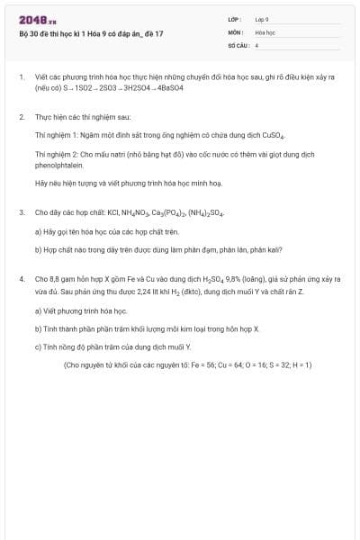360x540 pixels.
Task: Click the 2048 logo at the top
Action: (x=37, y=19)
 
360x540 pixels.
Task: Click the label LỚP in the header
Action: (x=233, y=18)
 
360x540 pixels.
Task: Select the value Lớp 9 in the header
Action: (x=262, y=18)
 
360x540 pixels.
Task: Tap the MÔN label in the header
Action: (x=234, y=31)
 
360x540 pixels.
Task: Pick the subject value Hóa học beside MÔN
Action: (x=265, y=31)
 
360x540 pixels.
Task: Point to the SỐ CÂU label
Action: (x=237, y=44)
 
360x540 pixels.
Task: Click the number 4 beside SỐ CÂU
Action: (x=257, y=44)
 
